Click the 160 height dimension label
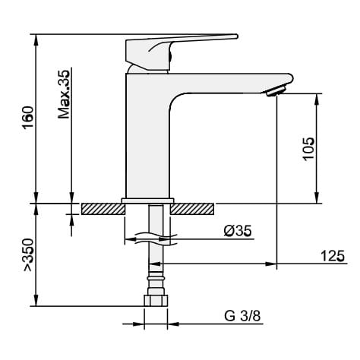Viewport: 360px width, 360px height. click(28, 118)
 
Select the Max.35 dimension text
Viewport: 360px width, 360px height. click(64, 94)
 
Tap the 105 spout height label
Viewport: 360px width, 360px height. click(308, 149)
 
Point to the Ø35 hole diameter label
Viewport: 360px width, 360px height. click(238, 231)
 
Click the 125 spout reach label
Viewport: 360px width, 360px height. click(333, 256)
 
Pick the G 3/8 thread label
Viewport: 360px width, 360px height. click(242, 316)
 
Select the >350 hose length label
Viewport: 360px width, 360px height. click(28, 255)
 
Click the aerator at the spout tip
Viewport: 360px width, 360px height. click(276, 91)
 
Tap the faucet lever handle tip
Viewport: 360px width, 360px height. click(236, 36)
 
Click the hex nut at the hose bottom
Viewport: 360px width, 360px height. click(156, 300)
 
